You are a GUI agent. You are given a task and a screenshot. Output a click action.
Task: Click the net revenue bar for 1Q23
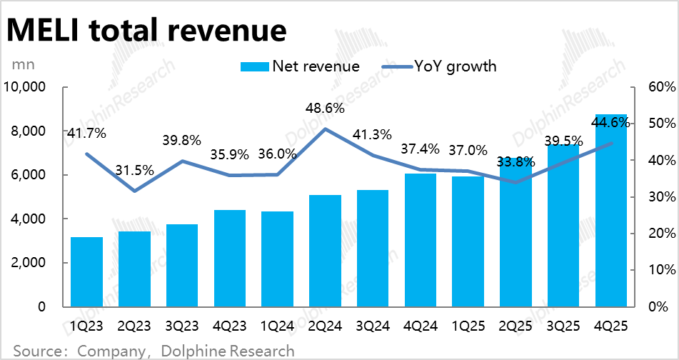(87, 271)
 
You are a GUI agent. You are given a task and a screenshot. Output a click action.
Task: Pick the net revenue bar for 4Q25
(611, 211)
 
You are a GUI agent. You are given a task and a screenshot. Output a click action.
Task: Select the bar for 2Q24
(325, 250)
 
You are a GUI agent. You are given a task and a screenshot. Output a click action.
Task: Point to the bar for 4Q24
(420, 239)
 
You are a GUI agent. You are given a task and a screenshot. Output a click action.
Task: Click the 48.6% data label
(325, 109)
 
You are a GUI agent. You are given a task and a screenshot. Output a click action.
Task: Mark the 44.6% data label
(611, 123)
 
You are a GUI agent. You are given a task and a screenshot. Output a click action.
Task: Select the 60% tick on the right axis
(657, 87)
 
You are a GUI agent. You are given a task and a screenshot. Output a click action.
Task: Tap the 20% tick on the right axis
(657, 234)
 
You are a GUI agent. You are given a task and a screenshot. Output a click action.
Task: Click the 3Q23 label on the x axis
(182, 326)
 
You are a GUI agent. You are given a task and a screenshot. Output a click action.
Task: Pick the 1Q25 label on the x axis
(468, 326)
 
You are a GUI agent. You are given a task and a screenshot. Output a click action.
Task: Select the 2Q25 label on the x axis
(515, 326)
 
